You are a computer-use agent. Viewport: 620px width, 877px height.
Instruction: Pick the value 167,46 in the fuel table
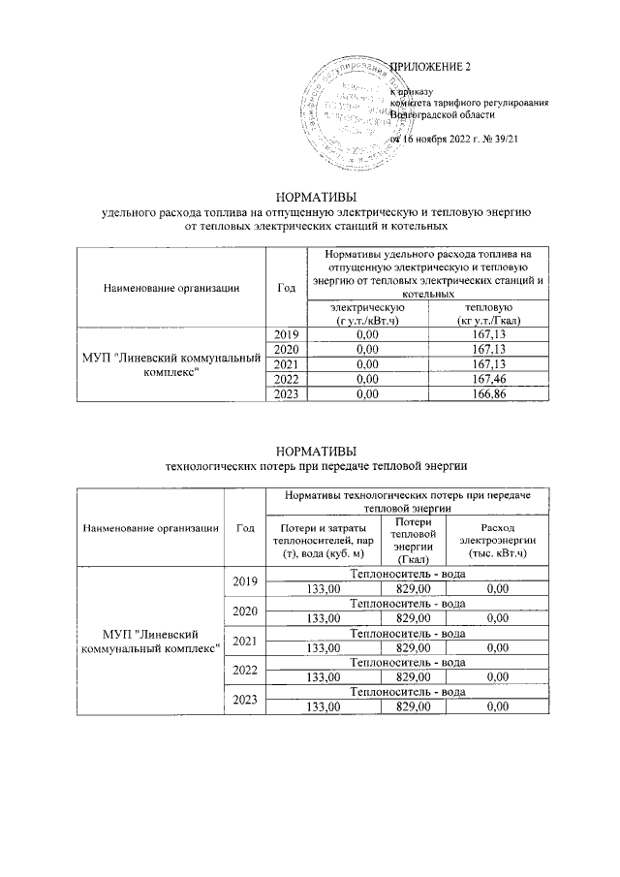tap(483, 380)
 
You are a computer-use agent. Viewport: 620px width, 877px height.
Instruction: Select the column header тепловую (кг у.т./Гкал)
tap(483, 313)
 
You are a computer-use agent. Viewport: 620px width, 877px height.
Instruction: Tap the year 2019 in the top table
tap(286, 335)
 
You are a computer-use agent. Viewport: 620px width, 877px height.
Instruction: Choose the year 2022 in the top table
tap(286, 380)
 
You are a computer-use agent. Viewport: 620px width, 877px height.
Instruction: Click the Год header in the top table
tap(286, 287)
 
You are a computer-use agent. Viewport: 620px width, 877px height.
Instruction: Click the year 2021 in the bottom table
tap(245, 641)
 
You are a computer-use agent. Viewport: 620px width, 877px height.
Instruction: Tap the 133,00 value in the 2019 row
tap(324, 587)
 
